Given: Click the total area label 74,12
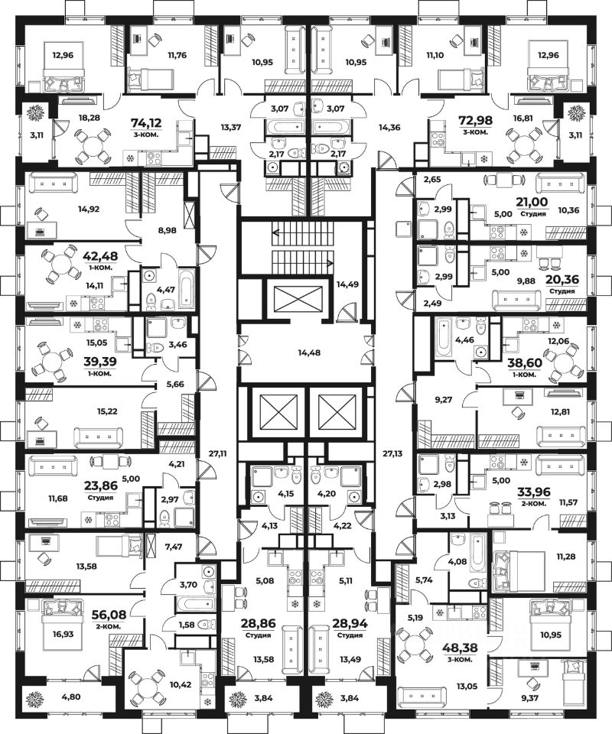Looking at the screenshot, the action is tap(147, 122).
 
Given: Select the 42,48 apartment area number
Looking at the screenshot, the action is tap(100, 256).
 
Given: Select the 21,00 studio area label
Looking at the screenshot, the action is tap(532, 202).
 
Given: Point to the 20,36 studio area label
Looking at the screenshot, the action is tap(562, 280).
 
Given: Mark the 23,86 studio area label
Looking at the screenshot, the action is tap(101, 486).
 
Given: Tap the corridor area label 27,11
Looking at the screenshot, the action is tap(218, 453).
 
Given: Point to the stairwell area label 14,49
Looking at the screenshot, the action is tap(347, 284).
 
